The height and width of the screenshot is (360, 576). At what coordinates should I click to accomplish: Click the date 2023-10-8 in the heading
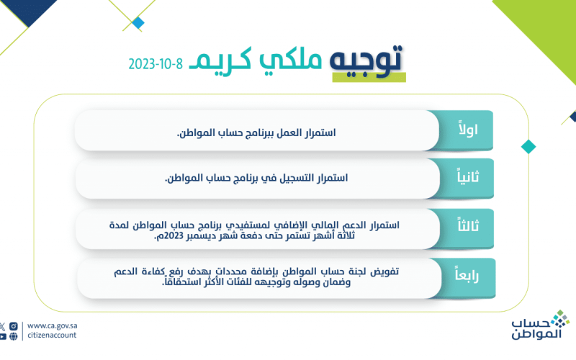(156, 64)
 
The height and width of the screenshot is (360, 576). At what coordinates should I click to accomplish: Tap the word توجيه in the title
(366, 61)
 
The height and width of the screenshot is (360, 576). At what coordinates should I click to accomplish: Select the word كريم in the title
(220, 60)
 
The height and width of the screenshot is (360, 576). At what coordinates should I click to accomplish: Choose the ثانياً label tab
(467, 178)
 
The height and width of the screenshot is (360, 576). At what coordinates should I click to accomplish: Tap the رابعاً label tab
(467, 276)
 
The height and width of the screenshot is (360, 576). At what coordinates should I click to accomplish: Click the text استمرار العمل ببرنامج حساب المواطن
(256, 132)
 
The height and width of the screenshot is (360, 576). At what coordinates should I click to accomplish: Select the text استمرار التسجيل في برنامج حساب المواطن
(256, 178)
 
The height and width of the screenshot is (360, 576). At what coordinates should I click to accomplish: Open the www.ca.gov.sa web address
(52, 326)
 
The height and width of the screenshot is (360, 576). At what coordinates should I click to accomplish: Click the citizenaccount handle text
(52, 335)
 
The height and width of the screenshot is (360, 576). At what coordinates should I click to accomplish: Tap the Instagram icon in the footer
(14, 326)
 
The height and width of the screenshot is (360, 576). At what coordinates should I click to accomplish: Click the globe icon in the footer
(14, 336)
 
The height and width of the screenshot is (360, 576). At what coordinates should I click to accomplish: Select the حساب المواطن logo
(540, 325)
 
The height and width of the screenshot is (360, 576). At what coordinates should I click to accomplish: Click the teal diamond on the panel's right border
(528, 147)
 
